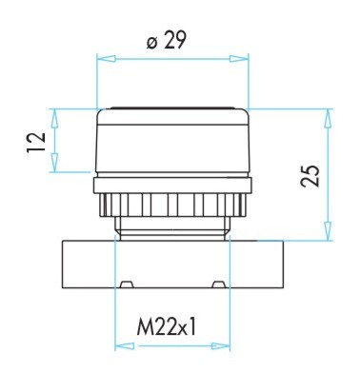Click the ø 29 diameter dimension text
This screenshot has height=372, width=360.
pyautogui.click(x=166, y=40)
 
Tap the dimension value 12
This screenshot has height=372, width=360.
pyautogui.click(x=36, y=143)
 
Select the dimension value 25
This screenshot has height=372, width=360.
pyautogui.click(x=310, y=176)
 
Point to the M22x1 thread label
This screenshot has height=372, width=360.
pyautogui.click(x=167, y=326)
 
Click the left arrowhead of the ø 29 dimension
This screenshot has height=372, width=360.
pyautogui.click(x=106, y=59)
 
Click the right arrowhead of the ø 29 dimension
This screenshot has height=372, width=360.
pyautogui.click(x=239, y=59)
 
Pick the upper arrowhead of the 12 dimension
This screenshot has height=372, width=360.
pyautogui.click(x=55, y=118)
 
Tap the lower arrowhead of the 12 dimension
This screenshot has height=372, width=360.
pyautogui.click(x=55, y=163)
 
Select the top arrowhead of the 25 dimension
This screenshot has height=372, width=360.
pyautogui.click(x=328, y=119)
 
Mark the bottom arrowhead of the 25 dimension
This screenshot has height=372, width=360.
pyautogui.click(x=328, y=231)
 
